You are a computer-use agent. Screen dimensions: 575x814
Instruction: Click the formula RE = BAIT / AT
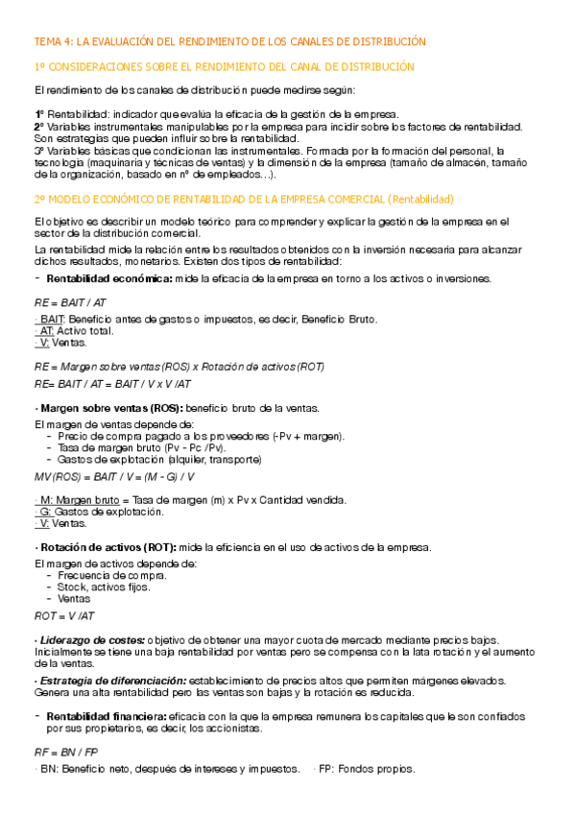tap(70, 300)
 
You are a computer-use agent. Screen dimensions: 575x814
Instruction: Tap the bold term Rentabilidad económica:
tap(109, 278)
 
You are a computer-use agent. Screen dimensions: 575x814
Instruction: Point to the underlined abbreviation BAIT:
tap(52, 319)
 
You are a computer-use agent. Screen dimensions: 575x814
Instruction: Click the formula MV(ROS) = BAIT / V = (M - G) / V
tap(114, 475)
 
